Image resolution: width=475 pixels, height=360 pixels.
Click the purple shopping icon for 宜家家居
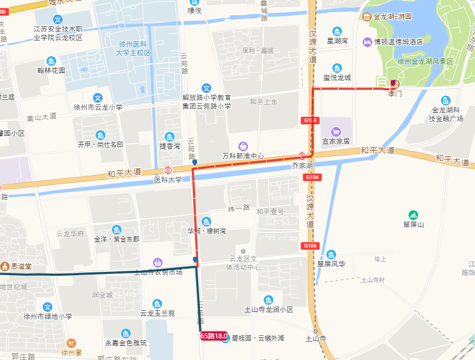tap(336, 131)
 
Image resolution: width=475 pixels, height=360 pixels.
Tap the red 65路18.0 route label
tap(214, 336)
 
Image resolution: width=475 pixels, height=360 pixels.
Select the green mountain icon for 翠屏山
tap(413, 215)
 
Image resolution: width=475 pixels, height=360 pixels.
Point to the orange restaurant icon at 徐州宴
tap(71, 343)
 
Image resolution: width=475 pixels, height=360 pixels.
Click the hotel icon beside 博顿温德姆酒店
tap(367, 42)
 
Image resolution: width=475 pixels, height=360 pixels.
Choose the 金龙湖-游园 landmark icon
tap(368, 17)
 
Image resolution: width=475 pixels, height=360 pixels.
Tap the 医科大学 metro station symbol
tap(168, 170)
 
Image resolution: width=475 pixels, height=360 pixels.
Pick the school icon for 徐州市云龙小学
tap(98, 98)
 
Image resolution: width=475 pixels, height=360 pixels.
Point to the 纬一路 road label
tap(239, 208)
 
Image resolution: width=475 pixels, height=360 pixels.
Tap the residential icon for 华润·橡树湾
tap(206, 222)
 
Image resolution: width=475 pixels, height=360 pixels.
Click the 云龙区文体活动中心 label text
tap(244, 263)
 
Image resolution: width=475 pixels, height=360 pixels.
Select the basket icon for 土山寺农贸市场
tap(157, 263)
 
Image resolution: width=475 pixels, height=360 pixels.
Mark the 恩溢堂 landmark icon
tap(5, 266)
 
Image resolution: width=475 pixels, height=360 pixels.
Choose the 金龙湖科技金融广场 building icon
tap(445, 101)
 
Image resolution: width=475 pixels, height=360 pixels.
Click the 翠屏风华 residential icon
tap(331, 255)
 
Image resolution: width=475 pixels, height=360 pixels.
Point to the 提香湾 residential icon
tap(170, 136)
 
